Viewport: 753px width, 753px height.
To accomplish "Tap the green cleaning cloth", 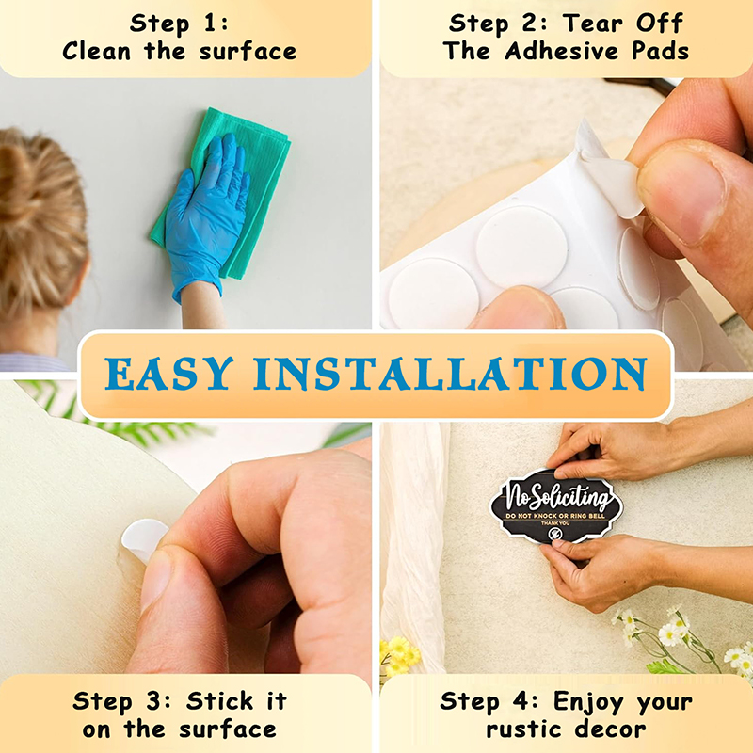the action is click(x=226, y=192).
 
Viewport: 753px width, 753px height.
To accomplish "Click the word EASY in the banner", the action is click(x=169, y=374).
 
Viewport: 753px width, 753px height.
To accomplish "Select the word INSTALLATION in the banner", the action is click(x=451, y=374).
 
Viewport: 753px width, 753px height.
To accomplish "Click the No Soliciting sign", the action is click(x=556, y=506).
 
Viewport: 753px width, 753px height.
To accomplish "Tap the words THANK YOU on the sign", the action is click(x=555, y=523).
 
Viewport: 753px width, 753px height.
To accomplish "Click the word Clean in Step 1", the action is click(x=97, y=51).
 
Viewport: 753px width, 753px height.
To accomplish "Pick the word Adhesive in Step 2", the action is click(x=562, y=51).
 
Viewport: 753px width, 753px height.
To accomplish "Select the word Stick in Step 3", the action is click(x=219, y=701).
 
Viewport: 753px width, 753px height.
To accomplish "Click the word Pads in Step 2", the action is click(x=661, y=51).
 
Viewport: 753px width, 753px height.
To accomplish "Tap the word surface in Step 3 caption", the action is click(x=228, y=729).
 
